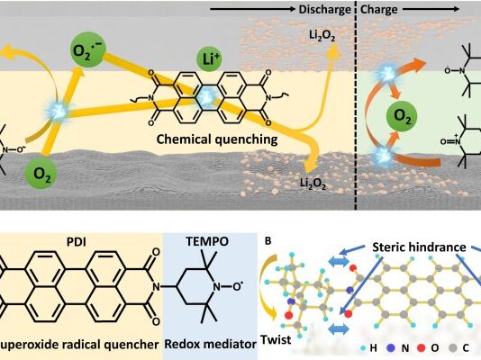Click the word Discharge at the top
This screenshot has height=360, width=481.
click(x=324, y=10)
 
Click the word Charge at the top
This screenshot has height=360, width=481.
click(x=378, y=10)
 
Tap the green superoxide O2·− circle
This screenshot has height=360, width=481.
click(x=88, y=50)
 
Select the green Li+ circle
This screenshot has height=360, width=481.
click(x=209, y=59)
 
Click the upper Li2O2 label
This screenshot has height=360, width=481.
click(x=322, y=36)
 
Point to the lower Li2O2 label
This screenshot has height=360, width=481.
click(x=313, y=184)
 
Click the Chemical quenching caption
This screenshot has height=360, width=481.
click(x=217, y=139)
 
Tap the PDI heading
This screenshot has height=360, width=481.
click(x=77, y=242)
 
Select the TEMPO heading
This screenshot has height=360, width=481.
click(x=207, y=242)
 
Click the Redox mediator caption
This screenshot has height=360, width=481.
click(x=211, y=344)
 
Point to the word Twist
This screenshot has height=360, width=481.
click(x=276, y=339)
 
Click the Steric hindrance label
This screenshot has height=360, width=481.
click(x=420, y=247)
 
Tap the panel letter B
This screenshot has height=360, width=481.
click(x=268, y=241)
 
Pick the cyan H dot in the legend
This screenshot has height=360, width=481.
click(x=364, y=348)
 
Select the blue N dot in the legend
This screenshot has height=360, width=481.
click(x=391, y=348)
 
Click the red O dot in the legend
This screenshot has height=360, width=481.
click(x=422, y=348)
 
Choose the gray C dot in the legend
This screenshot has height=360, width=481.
click(x=452, y=348)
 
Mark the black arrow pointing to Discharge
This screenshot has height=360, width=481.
click(x=252, y=9)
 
